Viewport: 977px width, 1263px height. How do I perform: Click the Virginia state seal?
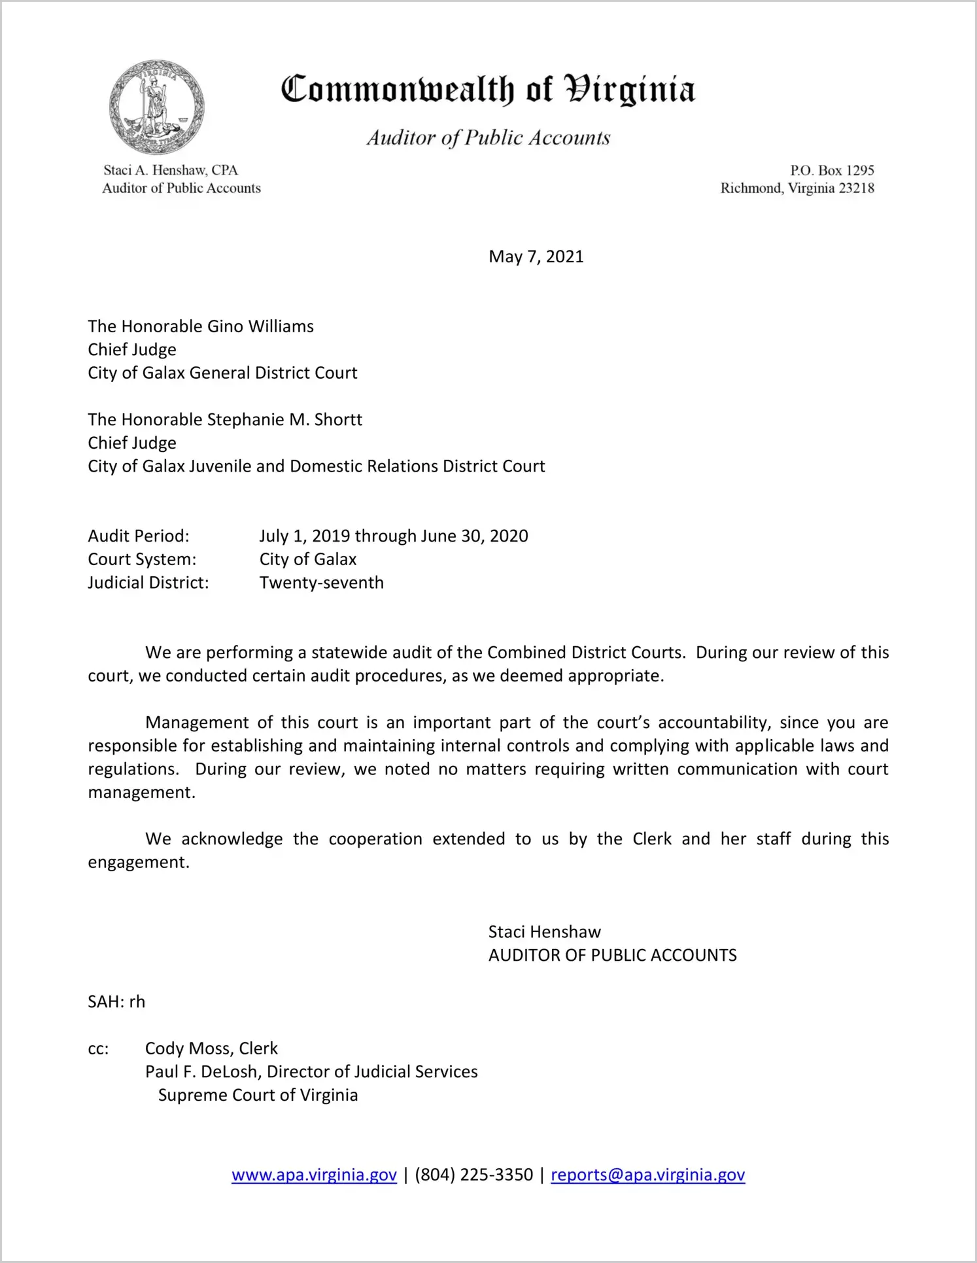point(157,107)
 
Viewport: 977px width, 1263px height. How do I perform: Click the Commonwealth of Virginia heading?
point(488,90)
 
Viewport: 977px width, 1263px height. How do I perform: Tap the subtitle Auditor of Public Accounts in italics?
point(488,137)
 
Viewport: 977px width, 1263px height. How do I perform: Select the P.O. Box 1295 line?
point(832,171)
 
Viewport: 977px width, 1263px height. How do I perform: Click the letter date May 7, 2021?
point(536,256)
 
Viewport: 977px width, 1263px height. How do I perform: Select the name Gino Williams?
point(260,326)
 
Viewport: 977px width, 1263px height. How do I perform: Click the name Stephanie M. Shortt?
point(284,419)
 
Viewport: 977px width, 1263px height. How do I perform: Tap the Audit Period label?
point(139,536)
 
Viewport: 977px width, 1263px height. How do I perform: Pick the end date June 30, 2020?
point(474,536)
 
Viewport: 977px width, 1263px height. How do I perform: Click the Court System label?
point(142,559)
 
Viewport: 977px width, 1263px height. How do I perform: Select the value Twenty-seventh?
point(321,583)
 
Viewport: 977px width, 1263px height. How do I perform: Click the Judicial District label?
point(148,583)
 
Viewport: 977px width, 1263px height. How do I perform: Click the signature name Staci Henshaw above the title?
point(544,932)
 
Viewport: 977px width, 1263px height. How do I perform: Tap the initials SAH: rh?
point(116,1002)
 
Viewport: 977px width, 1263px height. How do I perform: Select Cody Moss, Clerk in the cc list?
point(211,1048)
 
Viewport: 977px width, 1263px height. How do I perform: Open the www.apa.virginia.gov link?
point(314,1175)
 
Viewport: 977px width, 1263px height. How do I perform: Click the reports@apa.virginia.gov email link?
point(647,1175)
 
